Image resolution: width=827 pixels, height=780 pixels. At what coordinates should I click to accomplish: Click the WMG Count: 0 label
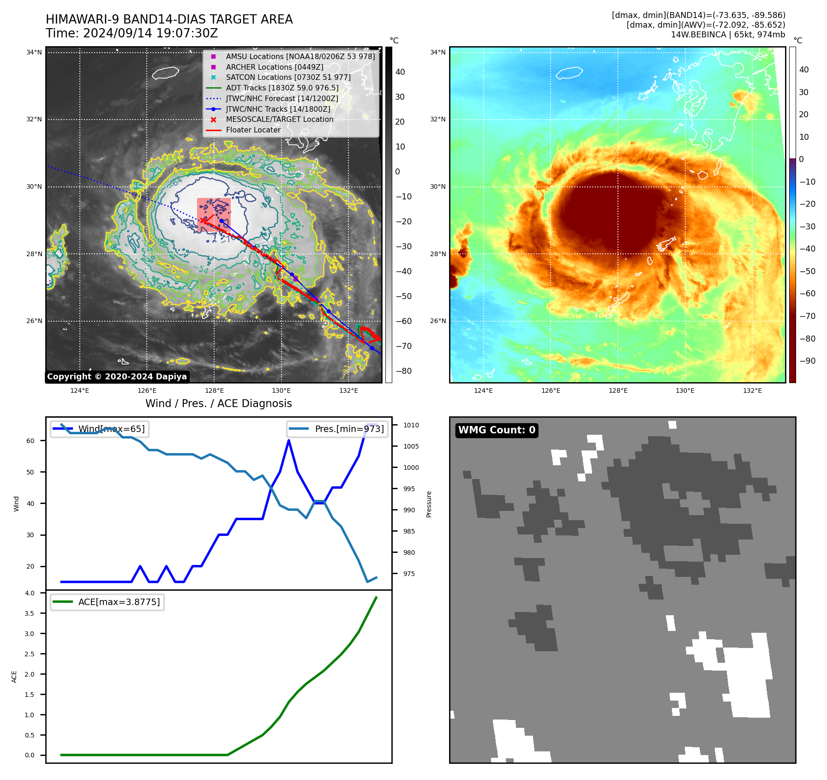tap(497, 430)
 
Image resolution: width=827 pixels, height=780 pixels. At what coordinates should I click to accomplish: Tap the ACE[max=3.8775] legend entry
tap(119, 602)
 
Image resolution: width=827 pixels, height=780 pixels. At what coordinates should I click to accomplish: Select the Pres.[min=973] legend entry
tap(349, 429)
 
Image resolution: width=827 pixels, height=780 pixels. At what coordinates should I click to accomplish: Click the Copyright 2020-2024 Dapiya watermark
tap(117, 377)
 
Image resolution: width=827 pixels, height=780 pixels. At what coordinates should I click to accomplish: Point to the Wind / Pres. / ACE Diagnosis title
tap(218, 403)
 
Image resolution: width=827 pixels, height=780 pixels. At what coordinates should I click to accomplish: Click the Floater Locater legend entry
tap(253, 130)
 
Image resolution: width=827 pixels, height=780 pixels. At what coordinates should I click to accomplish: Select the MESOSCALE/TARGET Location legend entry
tap(279, 120)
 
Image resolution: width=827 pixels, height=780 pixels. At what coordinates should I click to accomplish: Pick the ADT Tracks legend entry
tap(282, 88)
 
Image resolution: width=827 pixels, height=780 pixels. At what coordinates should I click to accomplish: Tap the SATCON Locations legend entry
tap(288, 77)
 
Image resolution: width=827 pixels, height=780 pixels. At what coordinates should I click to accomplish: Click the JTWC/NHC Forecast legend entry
tap(282, 98)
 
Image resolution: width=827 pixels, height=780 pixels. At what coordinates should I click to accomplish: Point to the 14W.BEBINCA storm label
tap(728, 35)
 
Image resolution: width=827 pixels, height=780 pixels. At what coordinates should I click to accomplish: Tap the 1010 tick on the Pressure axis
tap(411, 425)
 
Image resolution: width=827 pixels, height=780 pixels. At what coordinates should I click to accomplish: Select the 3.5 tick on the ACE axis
tap(30, 613)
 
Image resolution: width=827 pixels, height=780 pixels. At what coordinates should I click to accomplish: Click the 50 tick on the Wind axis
tap(30, 472)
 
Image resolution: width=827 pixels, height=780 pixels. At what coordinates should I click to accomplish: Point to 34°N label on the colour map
tap(437, 53)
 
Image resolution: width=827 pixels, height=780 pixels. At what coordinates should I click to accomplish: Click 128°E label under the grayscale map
tap(214, 390)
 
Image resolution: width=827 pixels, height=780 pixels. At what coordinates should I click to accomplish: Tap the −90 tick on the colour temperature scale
tap(807, 361)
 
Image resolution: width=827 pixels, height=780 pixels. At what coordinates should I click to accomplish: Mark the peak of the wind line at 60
tap(289, 440)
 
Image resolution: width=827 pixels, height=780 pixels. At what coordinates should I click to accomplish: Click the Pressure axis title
tap(429, 504)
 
